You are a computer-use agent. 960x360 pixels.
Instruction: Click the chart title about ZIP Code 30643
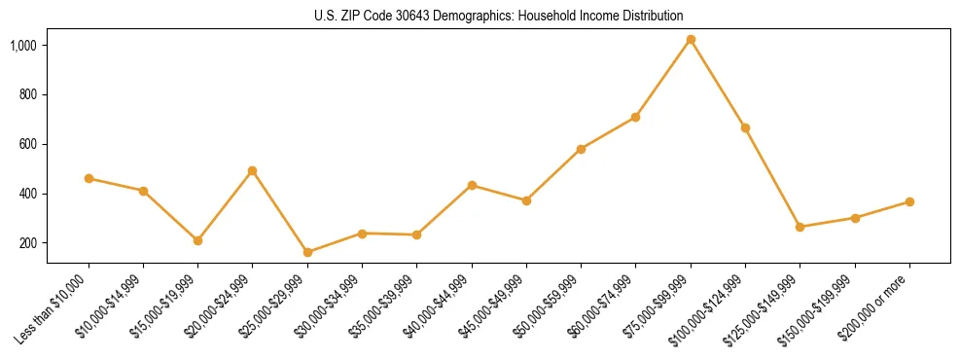pyautogui.click(x=499, y=16)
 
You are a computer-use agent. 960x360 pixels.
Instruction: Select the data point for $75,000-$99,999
pyautogui.click(x=691, y=40)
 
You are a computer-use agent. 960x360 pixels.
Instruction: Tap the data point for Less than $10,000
pyautogui.click(x=89, y=178)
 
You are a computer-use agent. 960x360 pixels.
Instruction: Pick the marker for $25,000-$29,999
pyautogui.click(x=307, y=252)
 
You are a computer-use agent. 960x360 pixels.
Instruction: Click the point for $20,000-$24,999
pyautogui.click(x=253, y=170)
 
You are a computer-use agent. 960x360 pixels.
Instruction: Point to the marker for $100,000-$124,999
pyautogui.click(x=745, y=127)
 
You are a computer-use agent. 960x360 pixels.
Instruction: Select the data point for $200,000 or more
pyautogui.click(x=909, y=201)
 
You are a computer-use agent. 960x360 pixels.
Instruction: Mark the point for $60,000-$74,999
pyautogui.click(x=635, y=117)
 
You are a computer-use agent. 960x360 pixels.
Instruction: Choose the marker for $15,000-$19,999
pyautogui.click(x=197, y=240)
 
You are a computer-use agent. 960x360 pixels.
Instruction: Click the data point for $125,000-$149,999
pyautogui.click(x=800, y=227)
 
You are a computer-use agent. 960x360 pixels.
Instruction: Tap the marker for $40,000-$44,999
pyautogui.click(x=472, y=185)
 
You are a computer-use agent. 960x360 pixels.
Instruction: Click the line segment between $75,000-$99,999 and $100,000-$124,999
pyautogui.click(x=718, y=84)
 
